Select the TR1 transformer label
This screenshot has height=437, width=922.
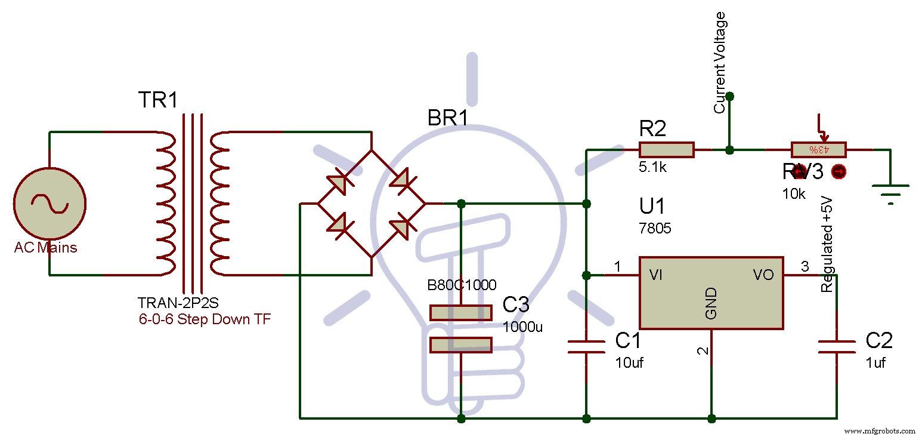tap(157, 100)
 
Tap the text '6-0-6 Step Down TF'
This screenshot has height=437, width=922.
tap(205, 319)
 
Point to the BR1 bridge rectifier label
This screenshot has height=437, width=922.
tap(448, 118)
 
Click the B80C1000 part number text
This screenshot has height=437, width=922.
tap(462, 285)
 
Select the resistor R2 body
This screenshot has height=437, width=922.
tap(666, 149)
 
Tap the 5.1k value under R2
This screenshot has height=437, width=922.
tap(653, 168)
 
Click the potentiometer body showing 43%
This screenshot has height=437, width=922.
tap(819, 149)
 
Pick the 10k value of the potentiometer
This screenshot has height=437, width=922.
tap(794, 194)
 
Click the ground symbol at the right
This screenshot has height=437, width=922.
tap(890, 191)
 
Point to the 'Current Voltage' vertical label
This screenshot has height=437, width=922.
tap(720, 62)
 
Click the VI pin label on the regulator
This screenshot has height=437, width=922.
tap(656, 275)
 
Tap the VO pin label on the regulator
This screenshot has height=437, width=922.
tap(763, 275)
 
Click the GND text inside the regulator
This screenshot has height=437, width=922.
tap(711, 304)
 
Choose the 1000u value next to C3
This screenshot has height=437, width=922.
tap(523, 327)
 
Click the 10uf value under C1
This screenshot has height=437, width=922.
tap(630, 362)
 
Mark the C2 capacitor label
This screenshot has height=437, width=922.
tap(878, 341)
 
